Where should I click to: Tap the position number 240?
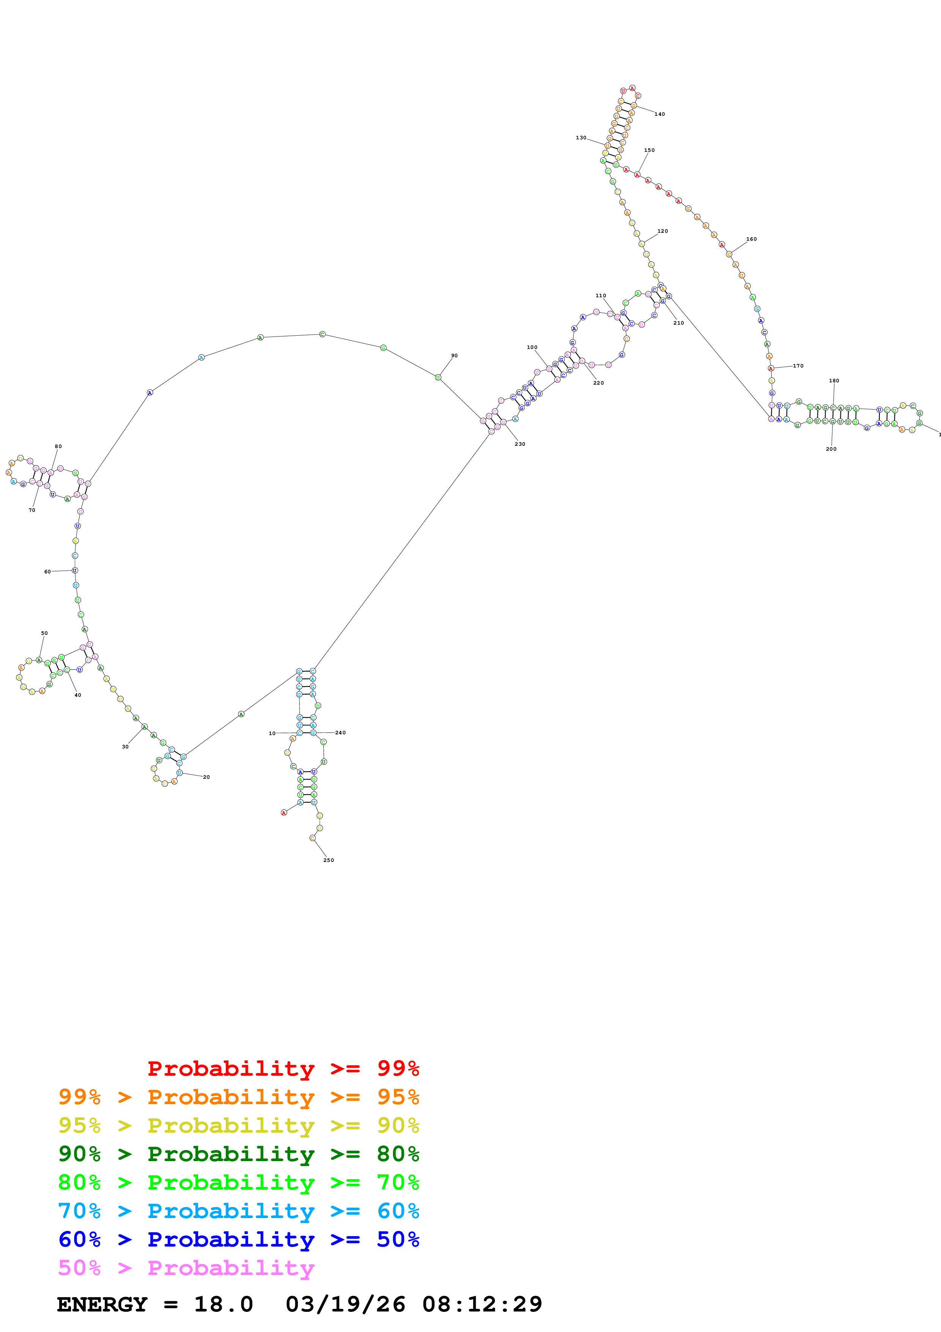click(x=340, y=733)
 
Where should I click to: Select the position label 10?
click(x=272, y=733)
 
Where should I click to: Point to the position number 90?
click(x=454, y=356)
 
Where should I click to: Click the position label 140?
click(x=659, y=114)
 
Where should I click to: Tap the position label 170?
click(x=798, y=366)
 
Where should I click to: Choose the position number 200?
click(x=831, y=449)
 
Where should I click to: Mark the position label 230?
click(x=520, y=444)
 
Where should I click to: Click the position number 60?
click(x=47, y=571)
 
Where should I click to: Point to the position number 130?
click(x=580, y=138)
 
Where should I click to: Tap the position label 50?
click(x=44, y=633)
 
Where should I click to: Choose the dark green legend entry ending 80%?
click(x=238, y=1154)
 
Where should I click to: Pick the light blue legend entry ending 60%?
click(x=238, y=1211)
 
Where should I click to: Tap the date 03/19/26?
click(x=345, y=1304)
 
